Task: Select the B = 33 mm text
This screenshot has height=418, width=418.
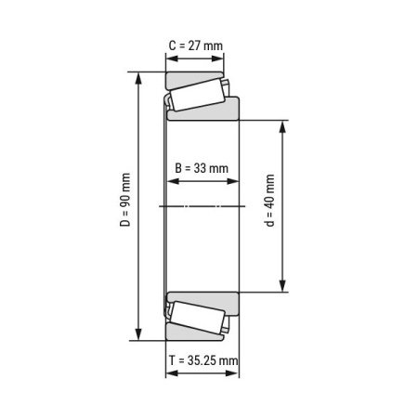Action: point(202,168)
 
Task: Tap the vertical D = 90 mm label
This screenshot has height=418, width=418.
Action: point(125,207)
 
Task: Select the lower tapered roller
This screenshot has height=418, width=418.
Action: point(197,318)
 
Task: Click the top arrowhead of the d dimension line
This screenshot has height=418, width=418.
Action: point(283,124)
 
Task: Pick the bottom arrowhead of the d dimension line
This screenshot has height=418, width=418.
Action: point(283,289)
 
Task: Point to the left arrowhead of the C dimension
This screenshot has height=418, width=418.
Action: point(170,57)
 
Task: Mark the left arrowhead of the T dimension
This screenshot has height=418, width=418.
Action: point(170,373)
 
